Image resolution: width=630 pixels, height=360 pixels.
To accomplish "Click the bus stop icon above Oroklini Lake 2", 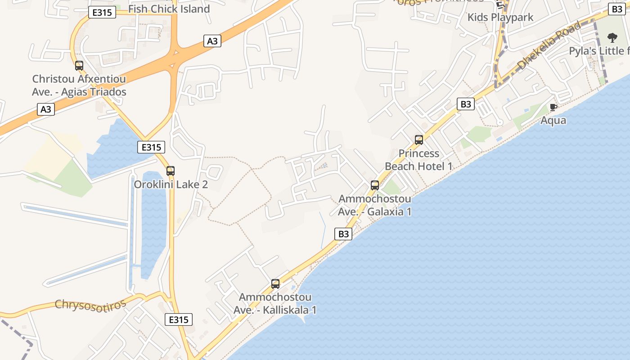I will tap(171, 171).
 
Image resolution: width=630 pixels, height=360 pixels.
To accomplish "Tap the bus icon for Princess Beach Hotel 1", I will tap(419, 140).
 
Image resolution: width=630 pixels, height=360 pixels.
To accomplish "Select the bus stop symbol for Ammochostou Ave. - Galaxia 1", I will tap(375, 185).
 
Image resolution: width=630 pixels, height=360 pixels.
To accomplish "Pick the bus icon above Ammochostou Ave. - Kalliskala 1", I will tap(275, 284).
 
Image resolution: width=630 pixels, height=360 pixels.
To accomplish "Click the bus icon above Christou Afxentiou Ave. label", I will tap(79, 66).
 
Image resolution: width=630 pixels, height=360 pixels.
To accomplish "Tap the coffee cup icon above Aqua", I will tap(553, 107).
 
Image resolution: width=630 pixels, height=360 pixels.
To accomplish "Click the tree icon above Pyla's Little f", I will tap(612, 37).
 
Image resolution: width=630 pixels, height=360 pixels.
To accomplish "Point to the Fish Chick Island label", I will tap(169, 9).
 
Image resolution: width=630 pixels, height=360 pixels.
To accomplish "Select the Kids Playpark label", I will tap(500, 18).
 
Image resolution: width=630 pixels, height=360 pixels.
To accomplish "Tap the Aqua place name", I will tap(553, 121).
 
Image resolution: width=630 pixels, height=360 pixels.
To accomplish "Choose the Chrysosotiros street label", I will tap(90, 305).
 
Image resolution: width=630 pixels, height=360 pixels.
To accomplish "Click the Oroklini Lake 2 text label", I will tap(171, 184).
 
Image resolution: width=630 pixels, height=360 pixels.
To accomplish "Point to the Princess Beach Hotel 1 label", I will tap(418, 160).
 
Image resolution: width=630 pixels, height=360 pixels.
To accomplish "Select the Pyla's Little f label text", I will tap(599, 51).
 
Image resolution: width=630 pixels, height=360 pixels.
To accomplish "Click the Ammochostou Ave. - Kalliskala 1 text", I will tap(275, 304).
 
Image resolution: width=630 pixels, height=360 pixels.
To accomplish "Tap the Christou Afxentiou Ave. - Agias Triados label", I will tap(79, 85).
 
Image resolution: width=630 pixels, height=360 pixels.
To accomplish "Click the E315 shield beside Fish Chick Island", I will tap(102, 12).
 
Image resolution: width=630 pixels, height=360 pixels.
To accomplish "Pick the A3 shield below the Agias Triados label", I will tap(46, 109).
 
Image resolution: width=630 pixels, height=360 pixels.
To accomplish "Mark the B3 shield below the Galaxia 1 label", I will tap(343, 234).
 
